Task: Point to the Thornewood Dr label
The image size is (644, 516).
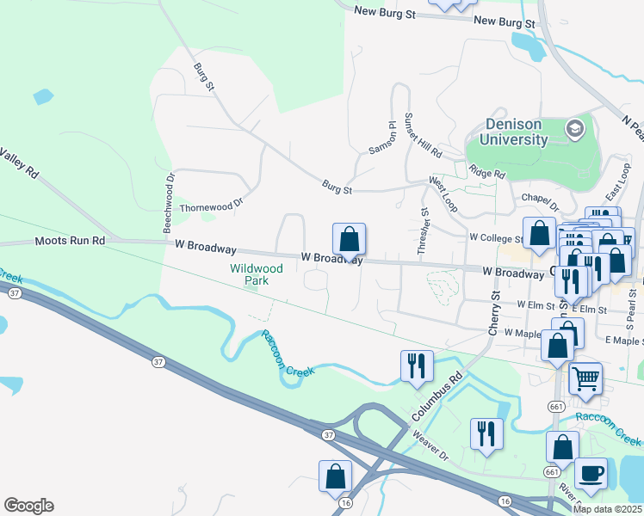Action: click(212, 206)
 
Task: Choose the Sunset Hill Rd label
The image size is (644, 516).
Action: click(423, 136)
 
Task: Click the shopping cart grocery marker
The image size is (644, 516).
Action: click(585, 378)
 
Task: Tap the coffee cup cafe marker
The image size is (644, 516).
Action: click(591, 473)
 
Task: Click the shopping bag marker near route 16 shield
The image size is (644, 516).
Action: click(335, 476)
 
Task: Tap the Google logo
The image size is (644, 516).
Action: click(28, 506)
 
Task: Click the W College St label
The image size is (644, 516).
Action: click(496, 237)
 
